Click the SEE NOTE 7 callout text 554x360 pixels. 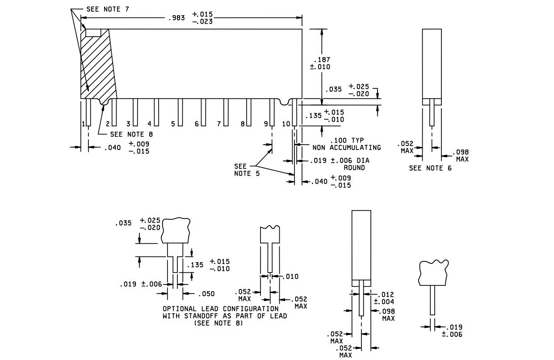[x=108, y=9]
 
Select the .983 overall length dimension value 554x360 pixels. [x=176, y=18]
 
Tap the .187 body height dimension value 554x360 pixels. [x=322, y=60]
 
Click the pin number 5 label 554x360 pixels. [x=173, y=124]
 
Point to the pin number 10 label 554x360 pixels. [x=286, y=124]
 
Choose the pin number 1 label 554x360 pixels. [x=84, y=124]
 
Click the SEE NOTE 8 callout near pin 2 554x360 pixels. [x=131, y=134]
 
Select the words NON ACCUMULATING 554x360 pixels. [x=347, y=147]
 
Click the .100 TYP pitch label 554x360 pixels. [x=347, y=140]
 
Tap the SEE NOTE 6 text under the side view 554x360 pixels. [x=430, y=168]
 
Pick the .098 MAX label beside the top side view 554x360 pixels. [x=461, y=155]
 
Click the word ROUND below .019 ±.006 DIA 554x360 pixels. [x=354, y=167]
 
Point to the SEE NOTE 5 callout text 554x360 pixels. [x=247, y=170]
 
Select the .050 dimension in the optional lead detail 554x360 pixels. [x=206, y=294]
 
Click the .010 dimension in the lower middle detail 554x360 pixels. [x=290, y=276]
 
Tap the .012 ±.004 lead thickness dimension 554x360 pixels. [x=384, y=298]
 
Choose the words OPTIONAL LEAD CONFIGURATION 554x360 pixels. [x=221, y=309]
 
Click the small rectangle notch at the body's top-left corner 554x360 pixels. [x=93, y=33]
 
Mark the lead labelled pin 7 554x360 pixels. [x=226, y=113]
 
